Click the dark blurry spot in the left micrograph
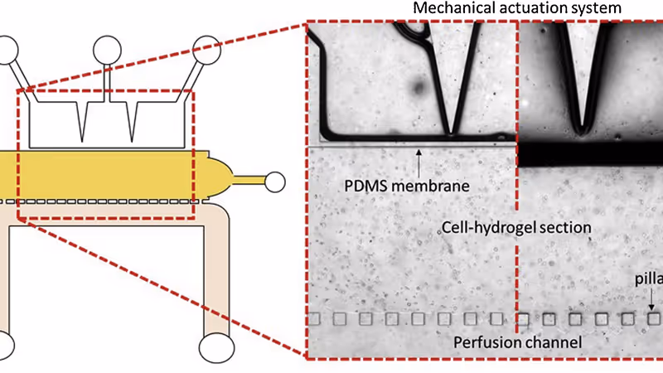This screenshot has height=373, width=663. click(x=418, y=87)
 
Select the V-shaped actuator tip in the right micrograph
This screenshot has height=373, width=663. click(x=583, y=123)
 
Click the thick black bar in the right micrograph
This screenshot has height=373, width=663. click(x=590, y=154)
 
